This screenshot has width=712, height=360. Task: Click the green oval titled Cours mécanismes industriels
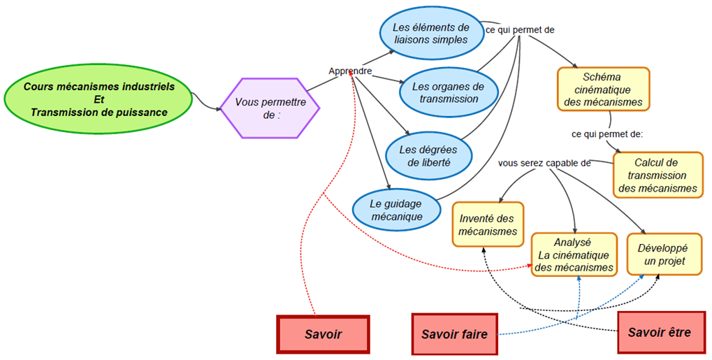tap(99, 99)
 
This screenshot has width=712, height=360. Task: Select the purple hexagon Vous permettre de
tap(270, 108)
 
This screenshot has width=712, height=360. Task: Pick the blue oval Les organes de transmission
tap(449, 92)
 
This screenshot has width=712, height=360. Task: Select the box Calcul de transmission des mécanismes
tap(658, 175)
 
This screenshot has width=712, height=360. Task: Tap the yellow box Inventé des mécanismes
tap(488, 224)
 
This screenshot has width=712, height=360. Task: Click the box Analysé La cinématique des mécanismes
tap(575, 255)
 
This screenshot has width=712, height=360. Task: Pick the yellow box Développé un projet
tap(664, 254)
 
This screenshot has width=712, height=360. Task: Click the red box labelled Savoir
tap(323, 334)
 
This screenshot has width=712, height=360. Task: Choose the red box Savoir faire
tap(454, 334)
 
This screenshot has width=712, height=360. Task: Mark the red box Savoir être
tap(659, 332)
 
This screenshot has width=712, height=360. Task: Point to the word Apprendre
tap(350, 71)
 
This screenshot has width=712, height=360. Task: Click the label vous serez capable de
tap(544, 163)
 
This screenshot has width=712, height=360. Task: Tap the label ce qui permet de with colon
tap(606, 134)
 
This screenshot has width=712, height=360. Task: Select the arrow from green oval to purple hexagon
tap(207, 103)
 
